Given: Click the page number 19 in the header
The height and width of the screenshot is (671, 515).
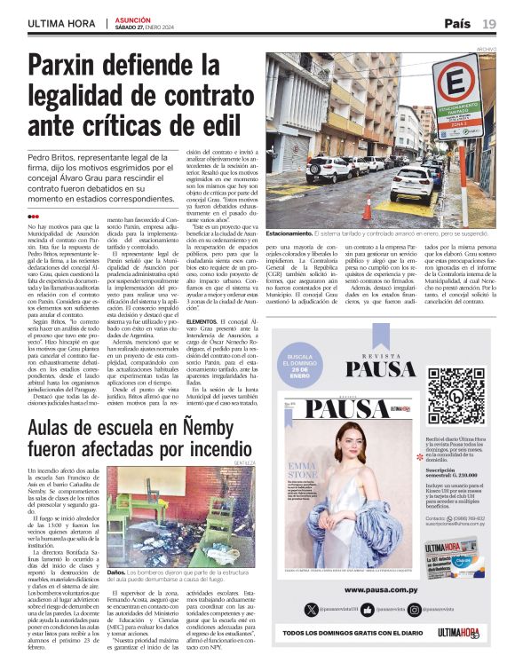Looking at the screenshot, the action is click(x=490, y=23).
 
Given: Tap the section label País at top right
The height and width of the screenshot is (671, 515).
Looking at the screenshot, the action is click(x=457, y=23).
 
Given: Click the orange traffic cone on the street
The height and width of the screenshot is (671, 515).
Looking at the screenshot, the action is click(x=367, y=209).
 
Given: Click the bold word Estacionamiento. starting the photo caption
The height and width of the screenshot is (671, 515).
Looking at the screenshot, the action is click(x=288, y=232).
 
